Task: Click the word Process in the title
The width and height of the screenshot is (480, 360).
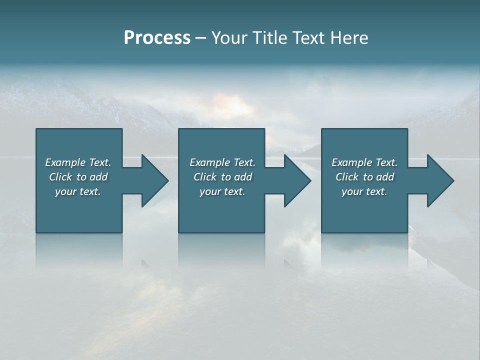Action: click(x=157, y=38)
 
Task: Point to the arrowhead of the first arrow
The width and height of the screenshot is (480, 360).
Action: click(x=155, y=180)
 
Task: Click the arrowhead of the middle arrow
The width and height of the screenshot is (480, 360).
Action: click(x=297, y=180)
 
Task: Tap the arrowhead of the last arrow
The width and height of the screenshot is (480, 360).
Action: click(x=440, y=180)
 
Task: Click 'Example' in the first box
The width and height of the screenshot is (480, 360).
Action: click(x=65, y=162)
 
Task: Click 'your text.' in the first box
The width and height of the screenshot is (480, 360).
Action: click(x=78, y=191)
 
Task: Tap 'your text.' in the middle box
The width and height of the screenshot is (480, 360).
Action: click(x=222, y=191)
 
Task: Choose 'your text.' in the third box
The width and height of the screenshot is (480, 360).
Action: click(x=364, y=191)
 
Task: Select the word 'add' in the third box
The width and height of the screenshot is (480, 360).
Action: click(x=385, y=177)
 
